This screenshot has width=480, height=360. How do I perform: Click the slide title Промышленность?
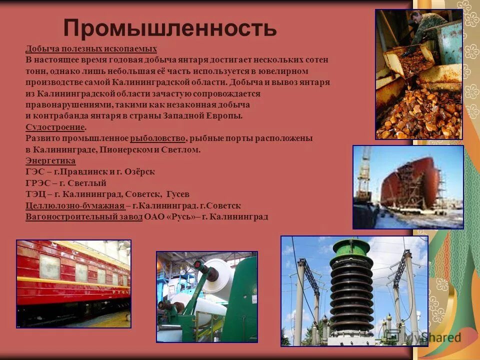point(170,28)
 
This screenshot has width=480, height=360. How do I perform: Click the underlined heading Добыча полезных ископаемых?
point(91,49)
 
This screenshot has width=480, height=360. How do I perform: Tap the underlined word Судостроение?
point(55,127)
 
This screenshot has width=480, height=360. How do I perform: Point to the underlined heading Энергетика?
point(50,161)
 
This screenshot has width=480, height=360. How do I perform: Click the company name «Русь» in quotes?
point(181,217)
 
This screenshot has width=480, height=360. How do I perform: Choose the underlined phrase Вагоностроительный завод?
point(84,217)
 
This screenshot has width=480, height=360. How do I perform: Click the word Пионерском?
point(125,149)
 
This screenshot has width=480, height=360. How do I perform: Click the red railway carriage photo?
point(73,283)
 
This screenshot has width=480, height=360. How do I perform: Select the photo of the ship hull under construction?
point(408,187)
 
